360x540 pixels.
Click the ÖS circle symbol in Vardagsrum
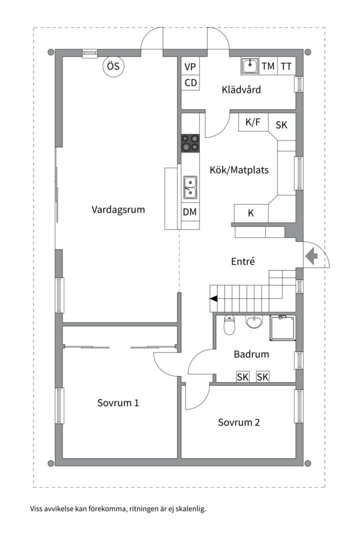[x=113, y=67]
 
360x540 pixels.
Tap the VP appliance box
[x=190, y=67]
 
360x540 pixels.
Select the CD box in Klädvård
[x=190, y=82]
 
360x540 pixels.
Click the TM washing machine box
[x=268, y=66]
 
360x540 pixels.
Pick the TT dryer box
[x=286, y=66]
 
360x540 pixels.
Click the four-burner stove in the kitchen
[x=190, y=143]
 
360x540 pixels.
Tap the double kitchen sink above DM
[x=190, y=187]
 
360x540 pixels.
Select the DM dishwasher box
[x=189, y=212]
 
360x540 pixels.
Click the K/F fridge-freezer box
[x=253, y=122]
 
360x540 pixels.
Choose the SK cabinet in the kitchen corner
[x=282, y=124]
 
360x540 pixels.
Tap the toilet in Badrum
[x=229, y=325]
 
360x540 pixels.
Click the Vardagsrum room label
[x=118, y=209]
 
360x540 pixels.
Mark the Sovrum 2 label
[x=238, y=422]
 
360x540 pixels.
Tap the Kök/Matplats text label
[x=239, y=170]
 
